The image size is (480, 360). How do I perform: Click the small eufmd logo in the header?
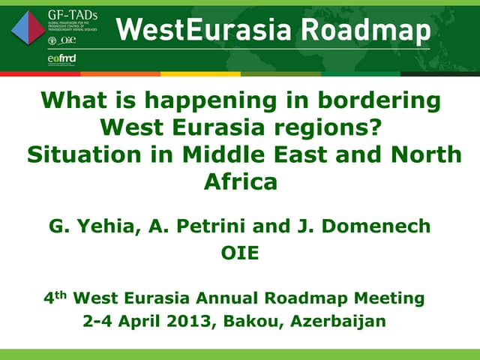(x=61, y=58)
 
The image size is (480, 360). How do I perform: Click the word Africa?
(x=241, y=181)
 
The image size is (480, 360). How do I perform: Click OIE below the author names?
(x=240, y=253)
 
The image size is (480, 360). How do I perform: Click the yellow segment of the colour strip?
(x=199, y=74)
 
